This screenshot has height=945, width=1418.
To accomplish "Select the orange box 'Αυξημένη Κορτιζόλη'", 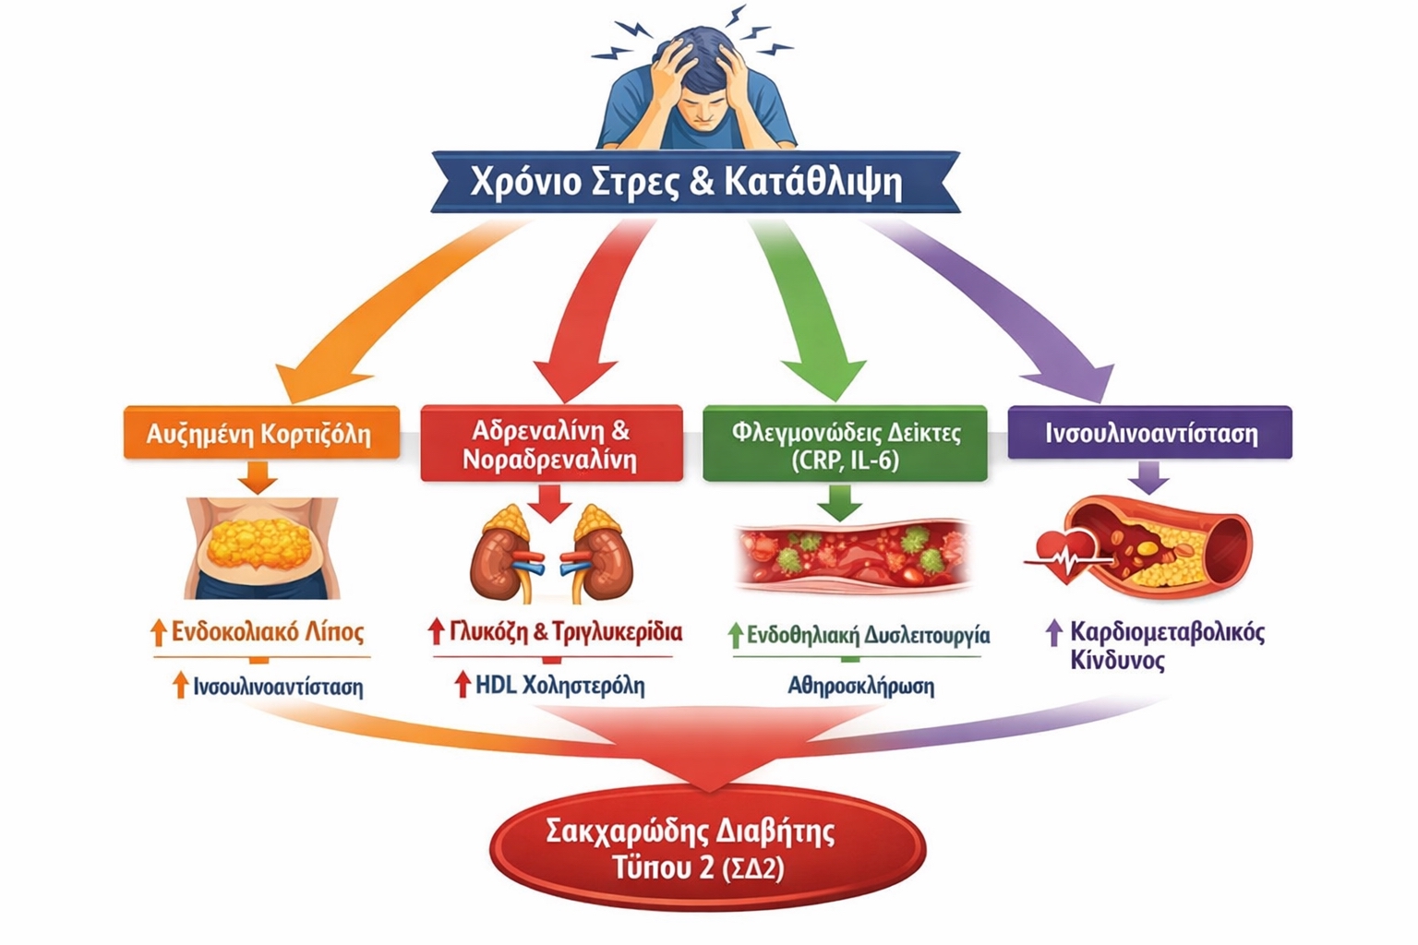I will (261, 433).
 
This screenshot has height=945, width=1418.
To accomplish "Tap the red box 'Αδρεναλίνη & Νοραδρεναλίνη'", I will (551, 444).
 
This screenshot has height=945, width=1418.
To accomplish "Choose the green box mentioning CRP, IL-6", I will (845, 445).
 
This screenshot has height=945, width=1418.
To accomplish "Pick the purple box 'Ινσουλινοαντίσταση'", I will (1149, 433).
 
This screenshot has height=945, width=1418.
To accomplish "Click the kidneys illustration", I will (551, 554).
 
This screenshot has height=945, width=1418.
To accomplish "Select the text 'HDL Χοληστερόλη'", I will (559, 686).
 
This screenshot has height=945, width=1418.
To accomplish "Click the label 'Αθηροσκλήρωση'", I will (860, 687).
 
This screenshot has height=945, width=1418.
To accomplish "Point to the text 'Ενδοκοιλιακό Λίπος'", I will (268, 633).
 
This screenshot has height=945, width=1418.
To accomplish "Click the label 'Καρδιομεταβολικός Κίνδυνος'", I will (1165, 646).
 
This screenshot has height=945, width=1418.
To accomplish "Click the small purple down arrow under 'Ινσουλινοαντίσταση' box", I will (1148, 477).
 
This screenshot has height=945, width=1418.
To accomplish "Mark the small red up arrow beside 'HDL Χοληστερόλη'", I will (463, 685).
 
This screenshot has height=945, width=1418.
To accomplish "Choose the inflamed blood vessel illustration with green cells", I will (853, 555).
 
